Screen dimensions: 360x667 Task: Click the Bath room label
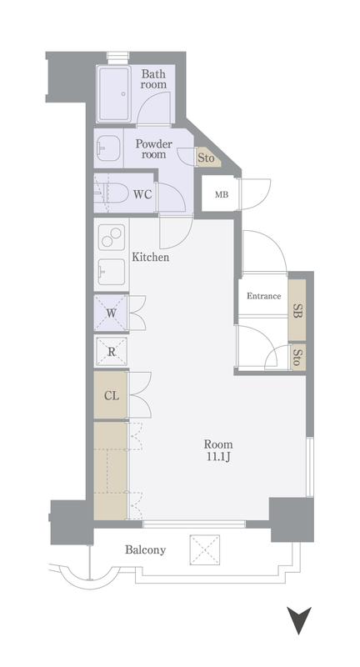(154, 79)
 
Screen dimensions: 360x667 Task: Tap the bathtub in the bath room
(113, 93)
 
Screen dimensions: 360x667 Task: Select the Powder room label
(154, 149)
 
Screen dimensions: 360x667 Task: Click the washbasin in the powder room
(108, 148)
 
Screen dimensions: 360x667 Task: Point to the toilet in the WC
(111, 194)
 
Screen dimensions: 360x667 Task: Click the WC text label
(142, 194)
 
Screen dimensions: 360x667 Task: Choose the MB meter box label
(222, 195)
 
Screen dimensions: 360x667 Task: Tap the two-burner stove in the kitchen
(112, 237)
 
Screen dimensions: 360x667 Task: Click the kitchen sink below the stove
(112, 272)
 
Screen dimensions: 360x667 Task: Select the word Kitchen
(151, 257)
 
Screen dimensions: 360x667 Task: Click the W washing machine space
(111, 313)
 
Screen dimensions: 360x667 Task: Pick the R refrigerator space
(112, 352)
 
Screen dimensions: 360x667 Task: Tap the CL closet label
(112, 396)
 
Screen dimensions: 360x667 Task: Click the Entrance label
(264, 296)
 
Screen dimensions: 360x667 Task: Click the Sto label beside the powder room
(206, 158)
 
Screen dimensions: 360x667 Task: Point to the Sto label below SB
(297, 358)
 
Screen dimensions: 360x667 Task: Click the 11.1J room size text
(218, 458)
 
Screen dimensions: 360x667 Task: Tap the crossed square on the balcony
(205, 549)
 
